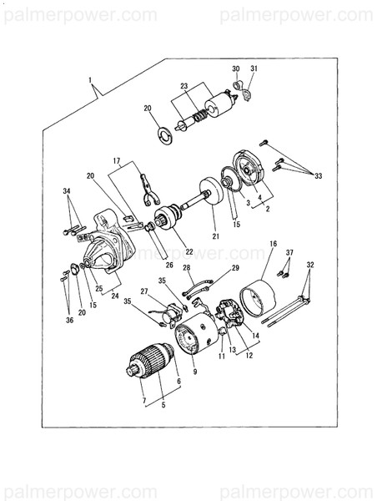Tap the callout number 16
pyautogui.click(x=272, y=243)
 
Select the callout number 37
pyautogui.click(x=289, y=252)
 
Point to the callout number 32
pyautogui.click(x=310, y=265)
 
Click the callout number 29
pyautogui.click(x=234, y=267)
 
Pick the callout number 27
pyautogui.click(x=144, y=291)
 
